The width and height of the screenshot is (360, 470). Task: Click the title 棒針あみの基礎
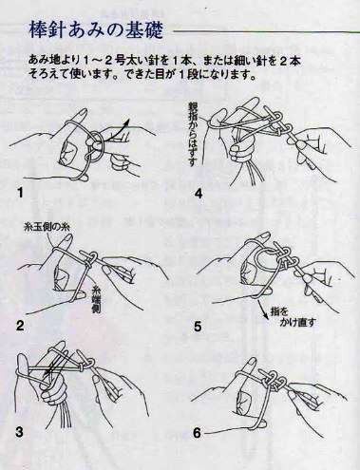coord(96,30)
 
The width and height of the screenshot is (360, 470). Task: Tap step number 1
coord(20,193)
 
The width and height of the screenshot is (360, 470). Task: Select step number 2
coord(20,326)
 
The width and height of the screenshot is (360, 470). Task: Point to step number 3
coord(19,432)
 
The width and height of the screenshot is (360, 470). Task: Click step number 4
coord(199,193)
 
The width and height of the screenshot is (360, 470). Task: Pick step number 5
coord(198,327)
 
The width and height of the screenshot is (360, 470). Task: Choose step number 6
coord(197,433)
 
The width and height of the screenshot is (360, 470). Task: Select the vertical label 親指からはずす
coord(192,135)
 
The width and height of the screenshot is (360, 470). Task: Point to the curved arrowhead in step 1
coord(127,122)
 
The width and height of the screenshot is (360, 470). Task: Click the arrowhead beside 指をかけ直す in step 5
coord(263,314)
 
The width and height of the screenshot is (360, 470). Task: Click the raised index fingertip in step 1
coord(83,113)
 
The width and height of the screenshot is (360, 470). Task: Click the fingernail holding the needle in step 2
coord(106,272)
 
